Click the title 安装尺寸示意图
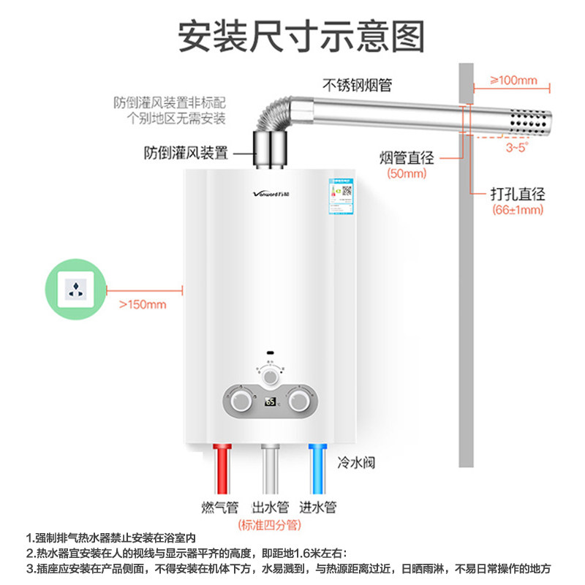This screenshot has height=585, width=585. (292, 34)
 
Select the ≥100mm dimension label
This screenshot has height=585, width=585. (513, 80)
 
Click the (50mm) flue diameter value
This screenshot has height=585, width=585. (406, 174)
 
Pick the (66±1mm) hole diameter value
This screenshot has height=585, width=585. (518, 210)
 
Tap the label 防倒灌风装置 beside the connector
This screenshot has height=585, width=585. (186, 154)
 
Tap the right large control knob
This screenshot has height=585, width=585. (298, 401)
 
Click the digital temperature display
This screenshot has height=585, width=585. (270, 401)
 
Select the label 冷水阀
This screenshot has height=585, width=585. (354, 464)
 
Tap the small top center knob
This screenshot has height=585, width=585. (271, 376)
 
